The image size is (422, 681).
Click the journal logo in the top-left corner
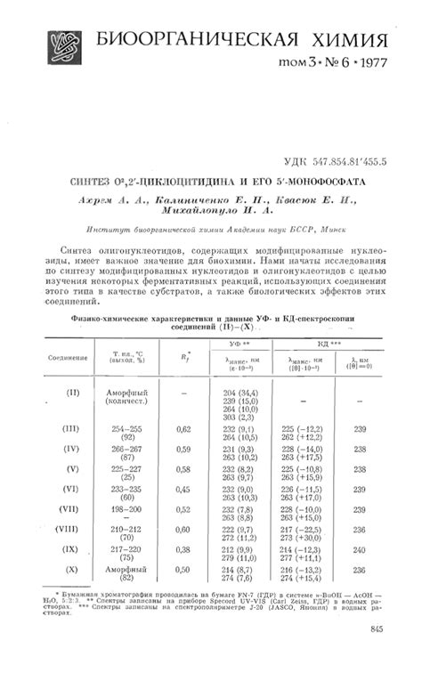[x=57, y=45]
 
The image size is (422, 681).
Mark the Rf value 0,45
[x=183, y=489]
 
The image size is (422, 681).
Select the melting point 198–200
[x=129, y=509]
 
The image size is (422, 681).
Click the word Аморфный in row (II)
[x=130, y=393]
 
